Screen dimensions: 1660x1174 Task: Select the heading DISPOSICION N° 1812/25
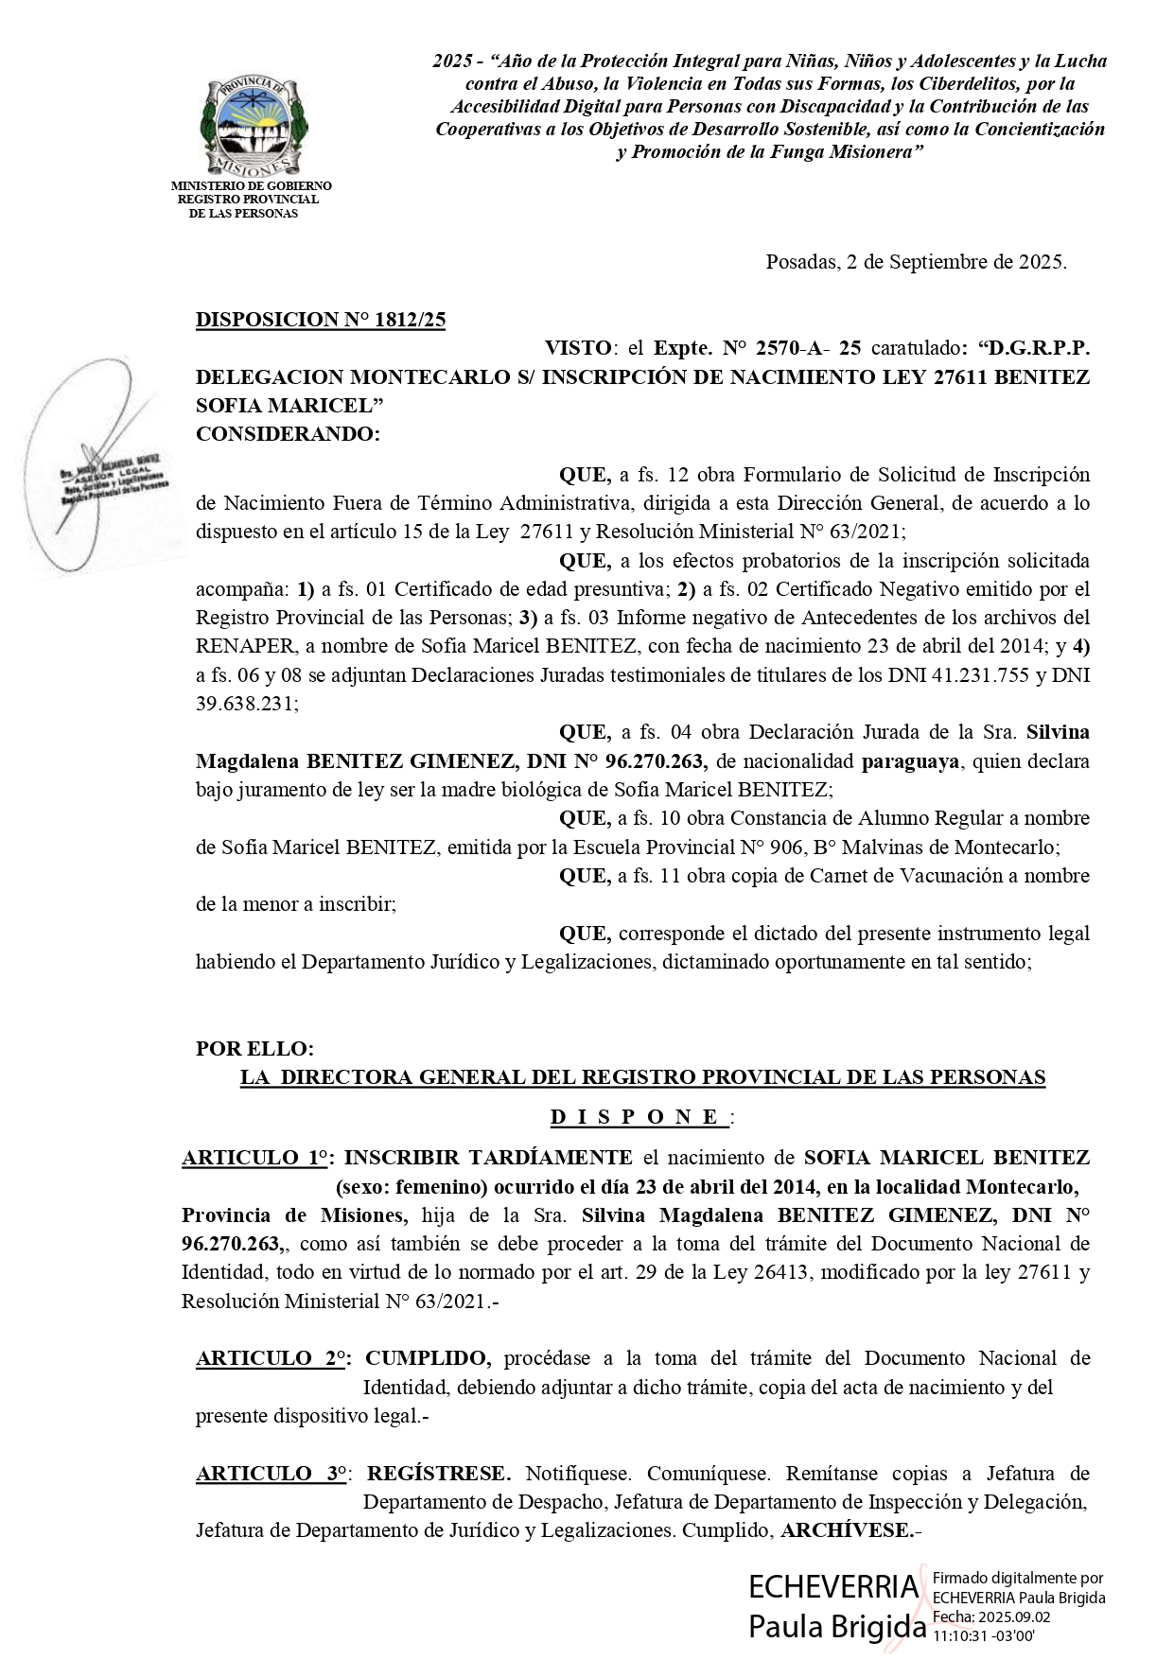320,320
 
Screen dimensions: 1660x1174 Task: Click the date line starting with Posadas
916,262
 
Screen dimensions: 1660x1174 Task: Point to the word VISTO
577,348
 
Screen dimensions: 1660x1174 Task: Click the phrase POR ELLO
254,1049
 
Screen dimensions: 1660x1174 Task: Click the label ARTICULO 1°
255,1158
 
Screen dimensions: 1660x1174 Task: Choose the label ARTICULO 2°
271,1359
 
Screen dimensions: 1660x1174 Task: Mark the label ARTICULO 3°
271,1474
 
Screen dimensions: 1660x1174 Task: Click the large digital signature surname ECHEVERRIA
833,1585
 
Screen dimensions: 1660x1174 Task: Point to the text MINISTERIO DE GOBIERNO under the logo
252,186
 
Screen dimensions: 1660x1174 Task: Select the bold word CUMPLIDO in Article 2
428,1359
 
